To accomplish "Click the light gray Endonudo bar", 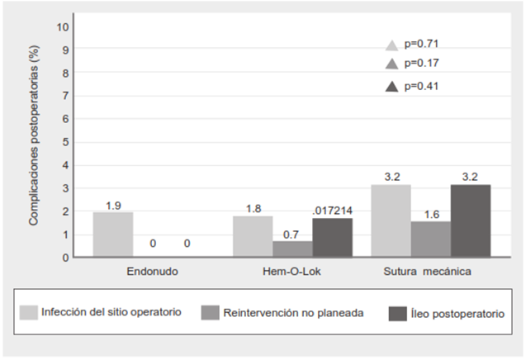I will [x=113, y=234].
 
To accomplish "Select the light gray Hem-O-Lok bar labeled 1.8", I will [x=253, y=236].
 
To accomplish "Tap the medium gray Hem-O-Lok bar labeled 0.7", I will [x=292, y=249].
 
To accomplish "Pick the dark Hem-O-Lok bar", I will [x=332, y=238].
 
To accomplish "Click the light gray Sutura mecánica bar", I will [x=391, y=220].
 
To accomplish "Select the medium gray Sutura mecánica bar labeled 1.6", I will [x=431, y=239].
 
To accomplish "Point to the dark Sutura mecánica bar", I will [x=471, y=220].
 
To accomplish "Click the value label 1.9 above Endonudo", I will [x=114, y=205].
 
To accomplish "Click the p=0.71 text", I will [x=420, y=45].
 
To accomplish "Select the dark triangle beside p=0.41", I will [x=392, y=85].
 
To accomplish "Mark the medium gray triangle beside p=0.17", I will [x=392, y=64].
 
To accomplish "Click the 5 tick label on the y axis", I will [x=65, y=142].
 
